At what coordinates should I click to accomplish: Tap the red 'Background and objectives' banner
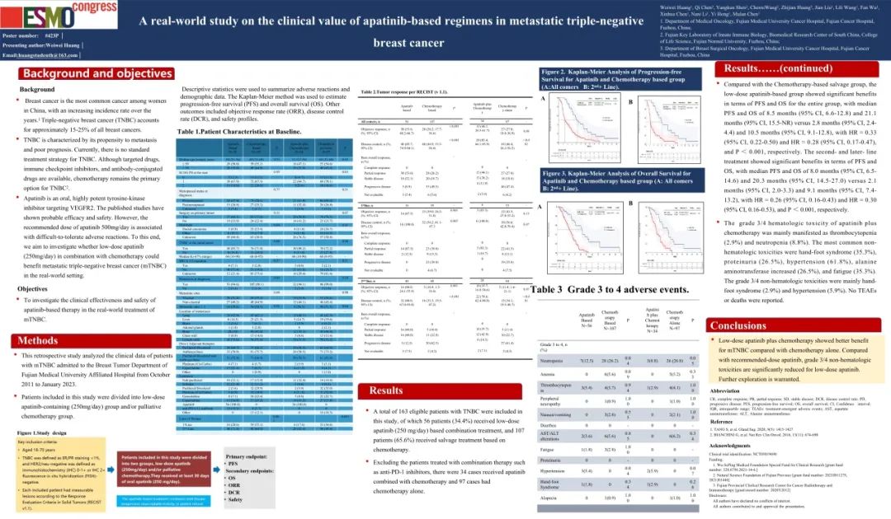[86, 73]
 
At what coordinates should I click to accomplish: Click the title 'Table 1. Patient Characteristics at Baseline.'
[238, 131]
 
